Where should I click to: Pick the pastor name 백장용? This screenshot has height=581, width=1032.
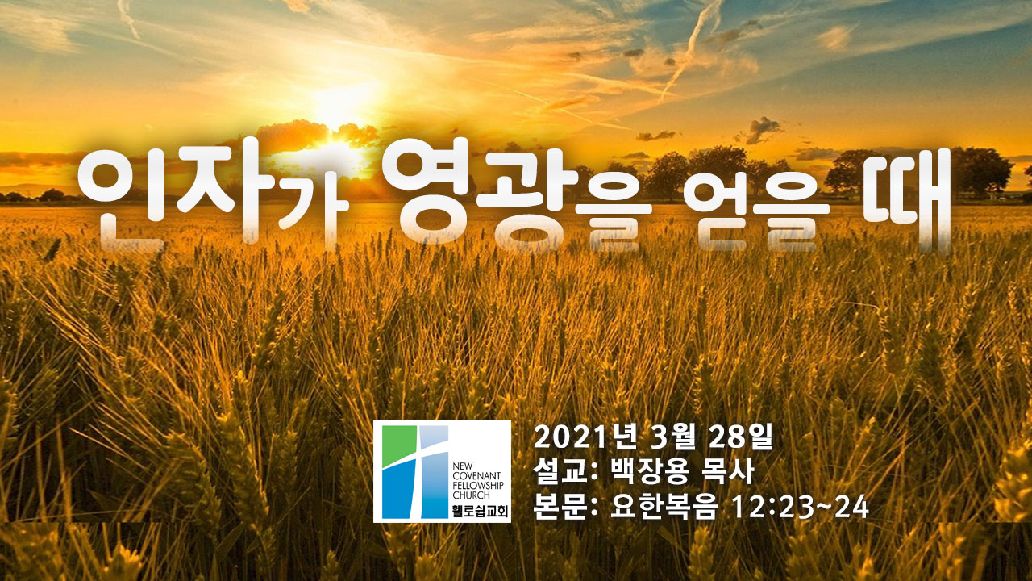(650, 471)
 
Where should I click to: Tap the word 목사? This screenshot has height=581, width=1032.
(728, 471)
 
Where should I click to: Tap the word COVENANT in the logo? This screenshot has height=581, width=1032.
(476, 475)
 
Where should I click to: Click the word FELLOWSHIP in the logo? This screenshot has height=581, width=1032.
(478, 486)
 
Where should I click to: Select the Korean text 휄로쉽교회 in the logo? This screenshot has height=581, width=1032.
(480, 512)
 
